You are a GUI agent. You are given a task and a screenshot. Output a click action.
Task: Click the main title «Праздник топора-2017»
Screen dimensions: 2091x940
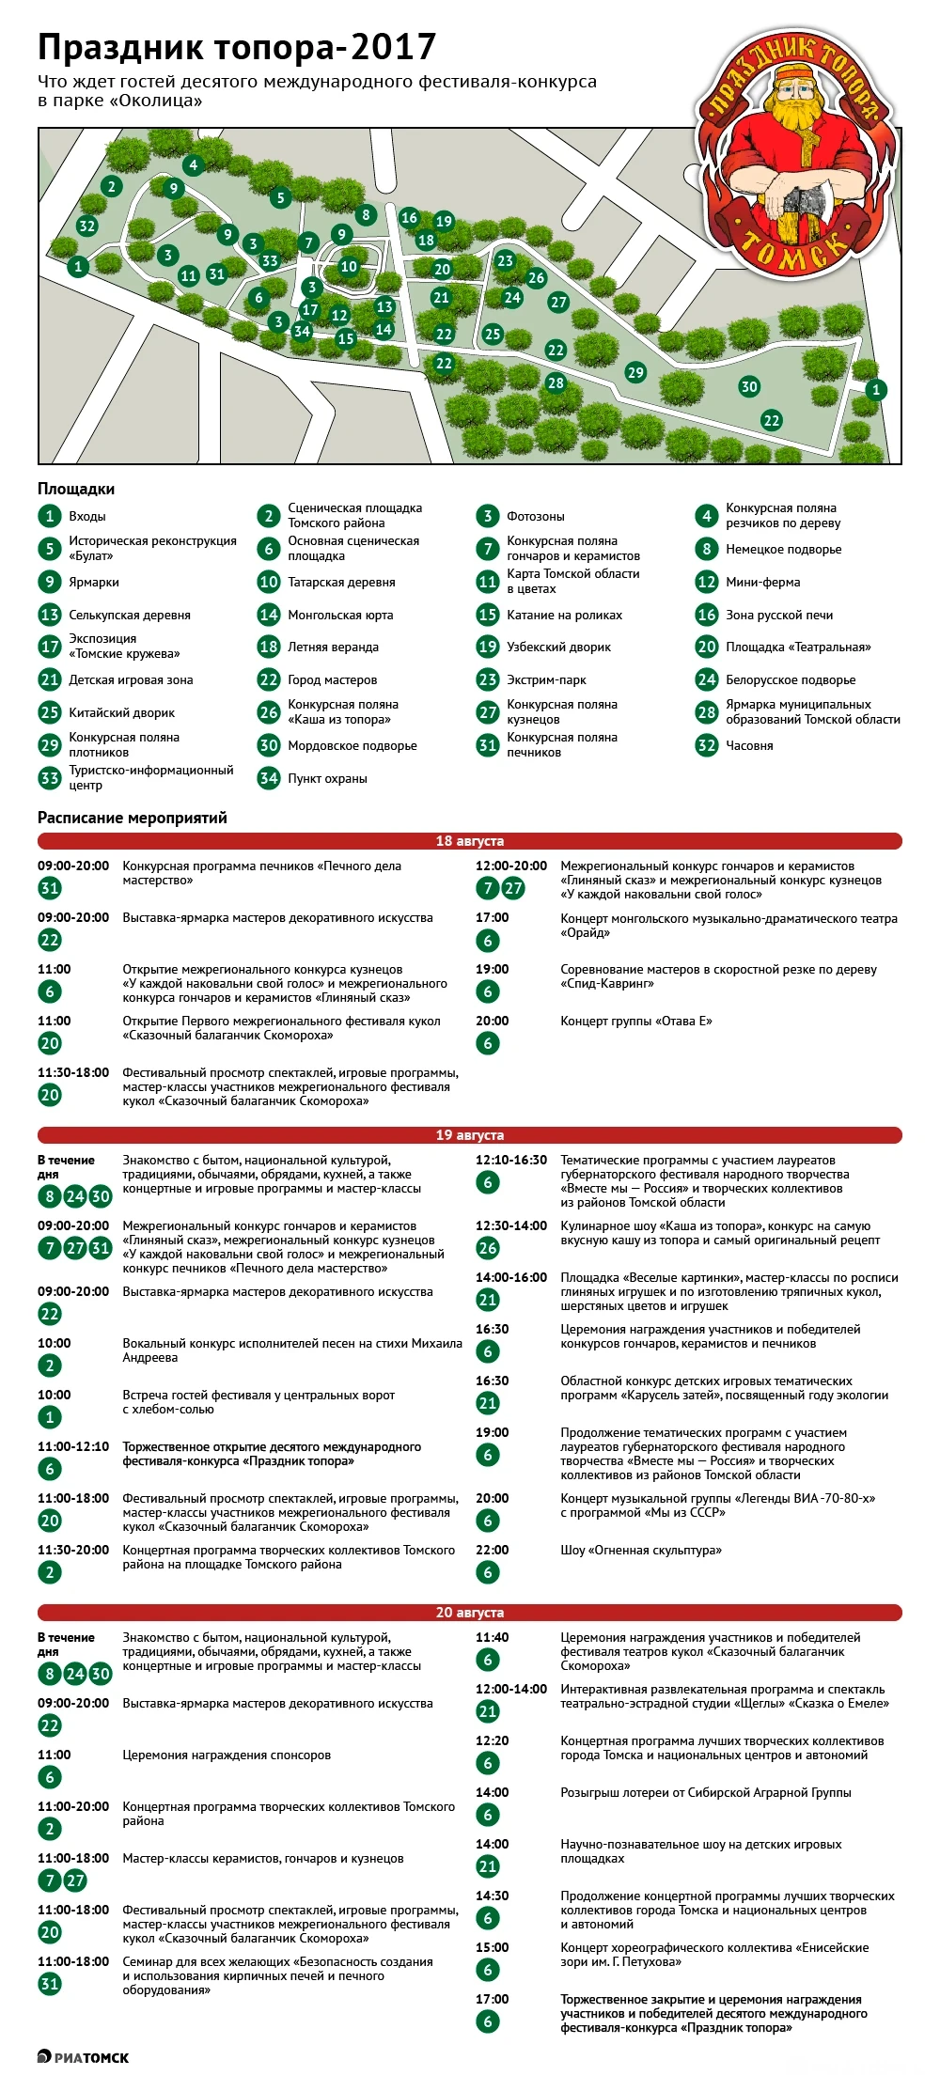point(237,47)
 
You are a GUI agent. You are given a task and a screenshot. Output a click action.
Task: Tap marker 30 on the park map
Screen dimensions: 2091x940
point(749,386)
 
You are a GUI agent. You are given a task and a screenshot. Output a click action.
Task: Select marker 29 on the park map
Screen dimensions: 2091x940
point(636,372)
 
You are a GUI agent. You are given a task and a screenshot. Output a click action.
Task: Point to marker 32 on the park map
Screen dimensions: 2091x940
point(87,226)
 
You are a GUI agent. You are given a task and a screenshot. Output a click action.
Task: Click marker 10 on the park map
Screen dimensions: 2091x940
point(349,267)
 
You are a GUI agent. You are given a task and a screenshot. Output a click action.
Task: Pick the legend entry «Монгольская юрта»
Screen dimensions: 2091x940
point(340,615)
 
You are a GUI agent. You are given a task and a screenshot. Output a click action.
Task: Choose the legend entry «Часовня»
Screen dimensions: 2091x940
point(749,745)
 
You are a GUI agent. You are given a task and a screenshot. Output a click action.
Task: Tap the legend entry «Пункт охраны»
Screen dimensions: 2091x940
point(327,778)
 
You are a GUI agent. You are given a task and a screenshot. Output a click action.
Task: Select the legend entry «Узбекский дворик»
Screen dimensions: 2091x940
point(558,647)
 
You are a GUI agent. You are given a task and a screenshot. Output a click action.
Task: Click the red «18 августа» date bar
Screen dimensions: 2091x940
point(470,841)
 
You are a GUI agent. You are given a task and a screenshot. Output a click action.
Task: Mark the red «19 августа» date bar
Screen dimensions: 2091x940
point(470,1135)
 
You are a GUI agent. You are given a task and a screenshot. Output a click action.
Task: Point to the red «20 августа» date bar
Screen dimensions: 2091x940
point(470,1613)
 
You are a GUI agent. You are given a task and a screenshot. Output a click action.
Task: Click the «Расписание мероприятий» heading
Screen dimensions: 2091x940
point(133,818)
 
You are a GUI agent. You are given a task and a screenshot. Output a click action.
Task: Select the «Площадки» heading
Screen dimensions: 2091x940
point(76,489)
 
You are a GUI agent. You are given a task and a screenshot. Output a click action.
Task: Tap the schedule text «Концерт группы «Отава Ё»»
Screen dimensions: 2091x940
point(636,1022)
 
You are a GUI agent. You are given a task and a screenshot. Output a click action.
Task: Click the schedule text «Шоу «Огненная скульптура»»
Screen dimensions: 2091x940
point(641,1551)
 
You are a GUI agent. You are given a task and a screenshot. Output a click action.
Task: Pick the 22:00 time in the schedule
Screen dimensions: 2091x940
point(492,1551)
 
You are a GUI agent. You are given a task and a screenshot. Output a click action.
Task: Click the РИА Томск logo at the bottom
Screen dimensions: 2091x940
point(84,2058)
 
